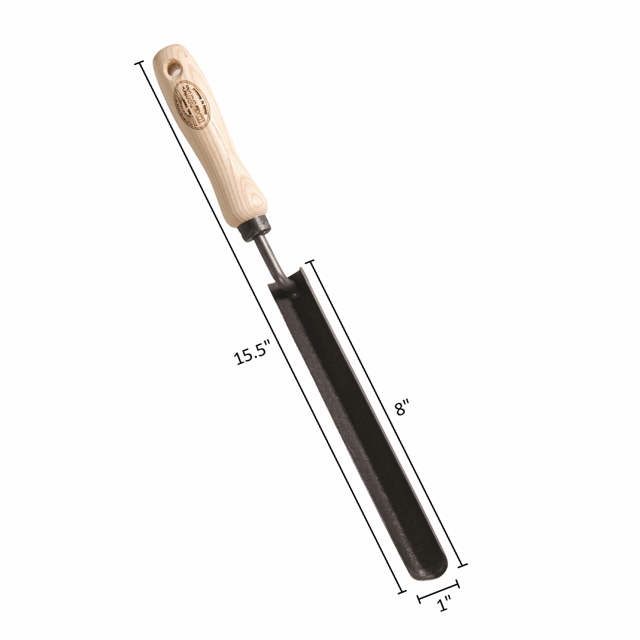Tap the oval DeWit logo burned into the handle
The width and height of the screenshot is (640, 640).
(191, 104)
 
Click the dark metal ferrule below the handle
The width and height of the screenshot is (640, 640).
(254, 227)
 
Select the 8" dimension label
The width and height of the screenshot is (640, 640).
(401, 408)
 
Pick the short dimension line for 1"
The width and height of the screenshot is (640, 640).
(438, 592)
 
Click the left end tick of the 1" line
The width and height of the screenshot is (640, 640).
(419, 599)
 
